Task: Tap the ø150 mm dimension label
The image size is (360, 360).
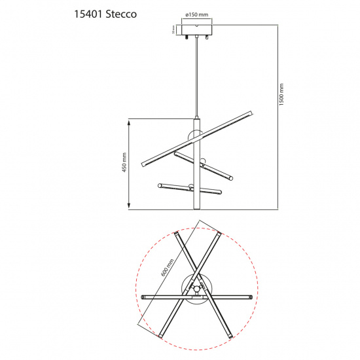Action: (196, 14)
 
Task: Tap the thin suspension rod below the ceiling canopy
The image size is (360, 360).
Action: (196, 79)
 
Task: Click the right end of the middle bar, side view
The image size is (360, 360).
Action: (230, 178)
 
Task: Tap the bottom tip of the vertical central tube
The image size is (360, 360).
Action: (195, 208)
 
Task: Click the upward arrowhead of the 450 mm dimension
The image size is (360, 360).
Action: (130, 121)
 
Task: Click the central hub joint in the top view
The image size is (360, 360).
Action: (195, 288)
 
